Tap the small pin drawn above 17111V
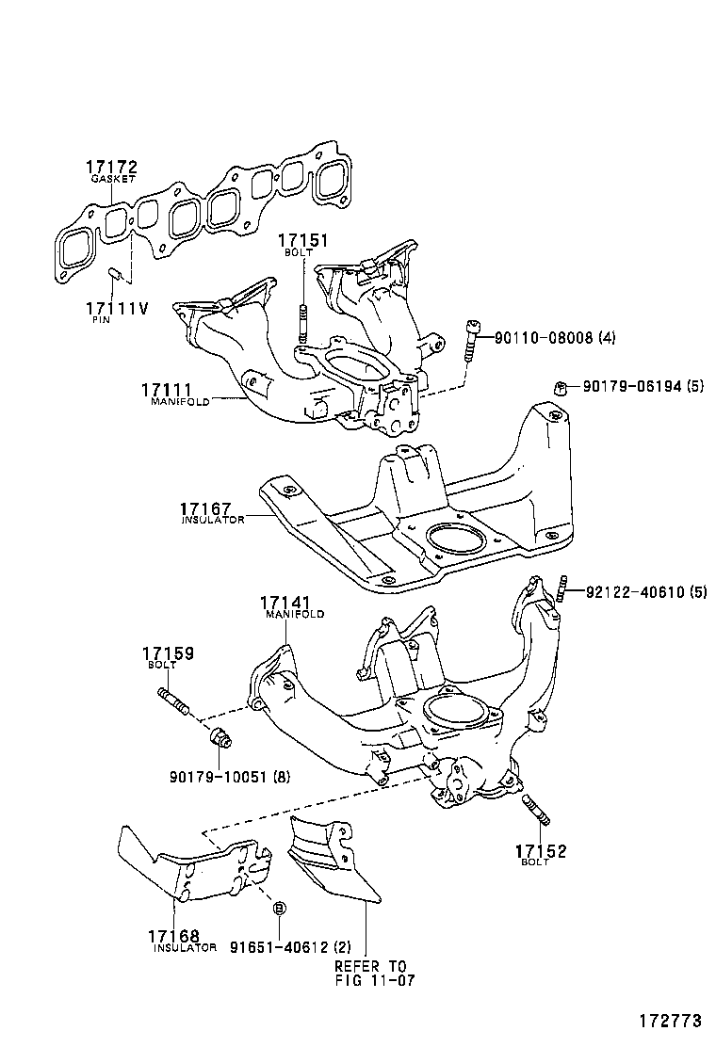(115, 274)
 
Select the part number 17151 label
(303, 240)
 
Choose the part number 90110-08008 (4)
(555, 338)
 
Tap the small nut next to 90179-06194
(559, 388)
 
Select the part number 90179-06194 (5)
(643, 386)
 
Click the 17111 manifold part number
(167, 389)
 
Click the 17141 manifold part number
(285, 602)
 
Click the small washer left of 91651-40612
(279, 908)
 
